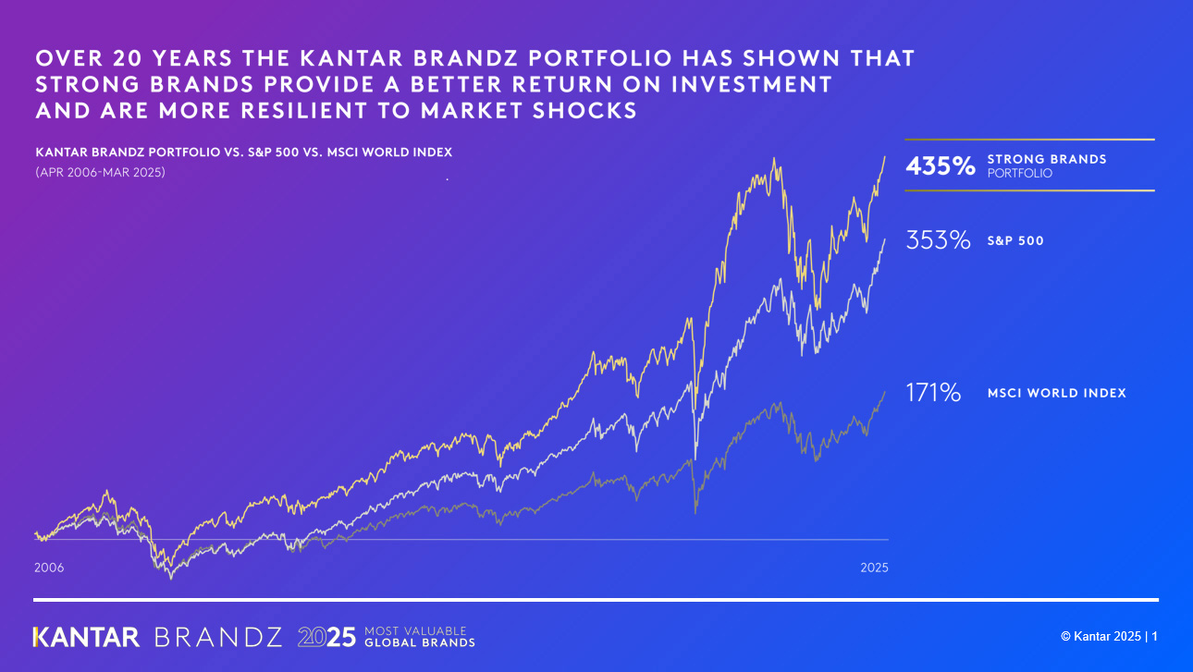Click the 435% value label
(x=940, y=166)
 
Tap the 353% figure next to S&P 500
(x=938, y=241)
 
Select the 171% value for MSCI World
(x=933, y=393)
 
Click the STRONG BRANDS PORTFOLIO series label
(x=1046, y=165)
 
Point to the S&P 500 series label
(x=1015, y=241)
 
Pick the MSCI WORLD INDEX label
(x=1056, y=393)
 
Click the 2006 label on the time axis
(x=49, y=568)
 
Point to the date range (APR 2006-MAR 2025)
(x=100, y=172)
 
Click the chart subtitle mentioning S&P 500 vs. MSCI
(x=243, y=152)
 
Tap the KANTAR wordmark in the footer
(x=86, y=637)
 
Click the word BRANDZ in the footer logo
(x=218, y=637)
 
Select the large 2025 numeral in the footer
(x=326, y=637)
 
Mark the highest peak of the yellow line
(x=772, y=159)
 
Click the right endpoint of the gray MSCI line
(x=884, y=392)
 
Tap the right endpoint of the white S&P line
(x=885, y=238)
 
